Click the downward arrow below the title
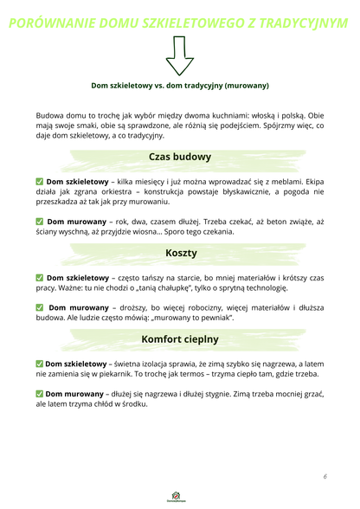179,58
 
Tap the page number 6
325,477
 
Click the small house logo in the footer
179,497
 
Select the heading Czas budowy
179,157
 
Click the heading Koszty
180,253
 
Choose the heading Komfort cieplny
179,338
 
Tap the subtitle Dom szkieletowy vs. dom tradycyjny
180,86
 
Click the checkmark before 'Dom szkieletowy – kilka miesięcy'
40,181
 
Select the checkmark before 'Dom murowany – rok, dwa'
40,221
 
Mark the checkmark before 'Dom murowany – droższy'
40,306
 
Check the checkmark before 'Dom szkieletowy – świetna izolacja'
40,363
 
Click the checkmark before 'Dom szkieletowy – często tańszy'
40,277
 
